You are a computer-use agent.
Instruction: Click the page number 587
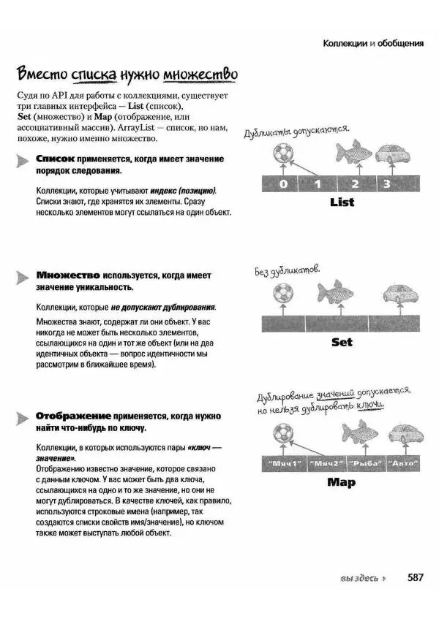pyautogui.click(x=416, y=577)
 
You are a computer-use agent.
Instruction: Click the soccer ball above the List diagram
pyautogui.click(x=281, y=153)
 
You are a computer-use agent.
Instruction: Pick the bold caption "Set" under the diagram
pyautogui.click(x=342, y=341)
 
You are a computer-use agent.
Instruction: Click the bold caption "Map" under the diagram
pyautogui.click(x=341, y=482)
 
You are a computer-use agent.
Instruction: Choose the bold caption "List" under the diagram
pyautogui.click(x=342, y=202)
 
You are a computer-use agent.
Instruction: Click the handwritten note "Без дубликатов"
pyautogui.click(x=288, y=270)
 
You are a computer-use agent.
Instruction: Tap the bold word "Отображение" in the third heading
pyautogui.click(x=73, y=415)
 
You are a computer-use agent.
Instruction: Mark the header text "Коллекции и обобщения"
pyautogui.click(x=373, y=43)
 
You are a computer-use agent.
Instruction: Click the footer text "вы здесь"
pyautogui.click(x=358, y=579)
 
